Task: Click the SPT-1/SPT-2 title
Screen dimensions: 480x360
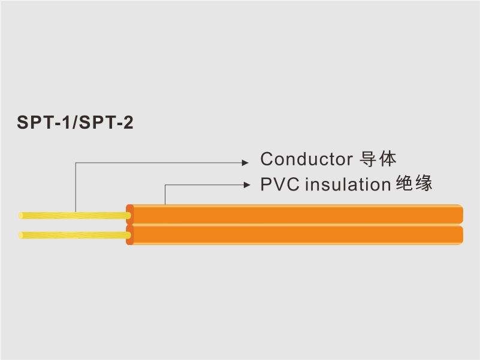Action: [x=75, y=122]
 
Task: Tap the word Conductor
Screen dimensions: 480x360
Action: [x=306, y=159]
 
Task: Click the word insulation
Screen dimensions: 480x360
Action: [x=348, y=184]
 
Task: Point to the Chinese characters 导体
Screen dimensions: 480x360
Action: [x=378, y=159]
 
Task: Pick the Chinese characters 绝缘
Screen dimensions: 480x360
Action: [x=414, y=183]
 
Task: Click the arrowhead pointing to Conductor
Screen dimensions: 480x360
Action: [x=245, y=162]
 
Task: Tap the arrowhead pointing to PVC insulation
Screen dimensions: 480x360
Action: [x=247, y=184]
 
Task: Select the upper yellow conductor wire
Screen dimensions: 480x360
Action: [x=75, y=216]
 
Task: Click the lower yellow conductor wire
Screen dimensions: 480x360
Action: [x=75, y=235]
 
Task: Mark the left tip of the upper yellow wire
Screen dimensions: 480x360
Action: [x=19, y=216]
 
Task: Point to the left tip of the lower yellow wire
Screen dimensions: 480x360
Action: [x=19, y=235]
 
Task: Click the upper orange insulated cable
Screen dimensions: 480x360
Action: [x=294, y=214]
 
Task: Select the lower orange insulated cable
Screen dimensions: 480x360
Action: [x=294, y=235]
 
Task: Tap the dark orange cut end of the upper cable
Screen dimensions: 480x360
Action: [x=130, y=214]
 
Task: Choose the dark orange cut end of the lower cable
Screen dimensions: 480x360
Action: [x=130, y=235]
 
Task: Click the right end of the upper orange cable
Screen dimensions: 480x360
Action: [x=462, y=214]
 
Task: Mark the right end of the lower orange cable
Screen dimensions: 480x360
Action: [x=462, y=235]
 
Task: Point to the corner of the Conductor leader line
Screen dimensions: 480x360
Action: [x=76, y=163]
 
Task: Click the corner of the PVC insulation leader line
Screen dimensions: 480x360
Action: [x=165, y=185]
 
